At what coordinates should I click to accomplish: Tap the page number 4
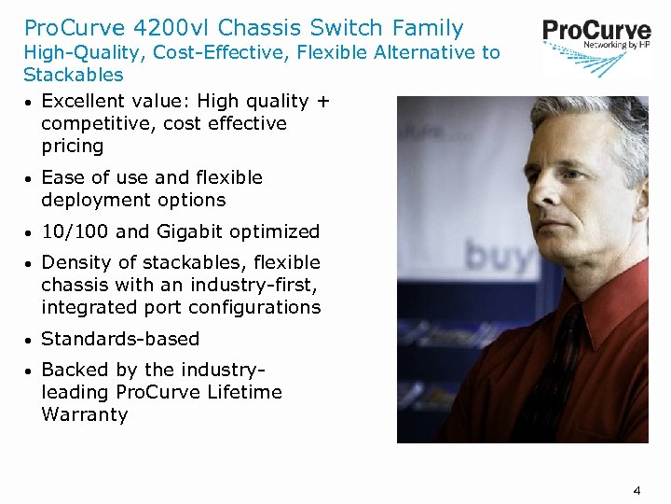(x=637, y=489)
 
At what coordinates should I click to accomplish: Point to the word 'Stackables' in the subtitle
(x=73, y=74)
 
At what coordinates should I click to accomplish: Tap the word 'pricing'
(x=73, y=146)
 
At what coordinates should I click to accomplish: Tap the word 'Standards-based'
(x=120, y=339)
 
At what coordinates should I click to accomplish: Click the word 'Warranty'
(x=85, y=414)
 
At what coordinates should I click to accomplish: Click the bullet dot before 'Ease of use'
(x=29, y=178)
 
